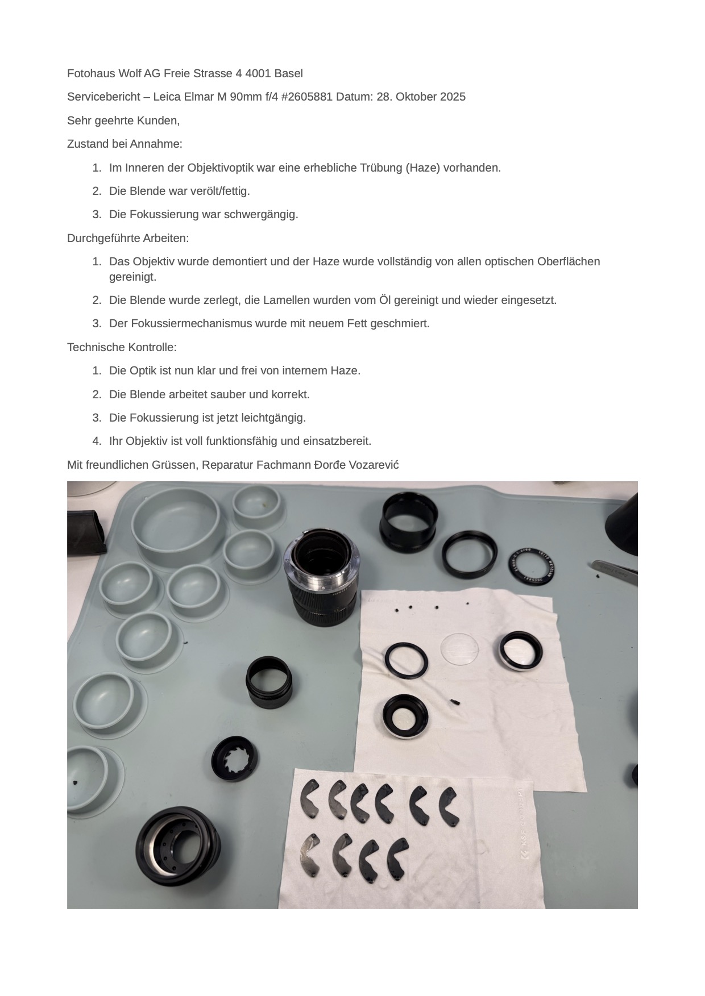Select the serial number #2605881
coord(306,97)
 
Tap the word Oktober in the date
coord(415,97)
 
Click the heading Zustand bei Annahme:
coord(125,144)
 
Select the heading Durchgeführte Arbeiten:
coord(128,238)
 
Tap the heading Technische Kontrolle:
coord(122,347)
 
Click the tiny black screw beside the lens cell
coord(454,703)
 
